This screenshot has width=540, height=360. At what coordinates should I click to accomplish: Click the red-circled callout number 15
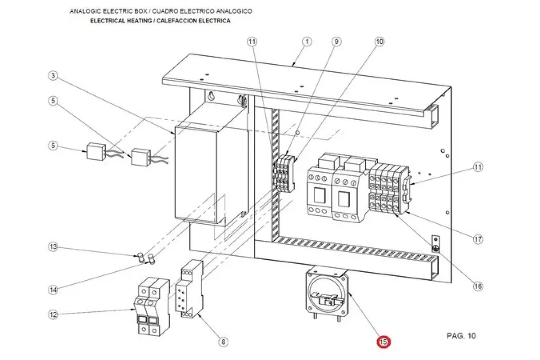coord(384,342)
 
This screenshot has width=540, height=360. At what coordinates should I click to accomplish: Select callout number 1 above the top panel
coord(306,42)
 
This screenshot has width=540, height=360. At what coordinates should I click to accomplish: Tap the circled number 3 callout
coord(54,76)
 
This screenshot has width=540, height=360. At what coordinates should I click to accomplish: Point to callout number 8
coord(223,342)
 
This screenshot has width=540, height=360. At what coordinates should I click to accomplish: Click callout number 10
coord(379,42)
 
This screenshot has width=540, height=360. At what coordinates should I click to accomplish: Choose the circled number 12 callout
coord(54,315)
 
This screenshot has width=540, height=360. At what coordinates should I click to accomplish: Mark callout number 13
coord(54,247)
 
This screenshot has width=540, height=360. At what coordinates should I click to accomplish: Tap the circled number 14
coord(54,290)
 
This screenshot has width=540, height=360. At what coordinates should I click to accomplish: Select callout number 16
coord(477,286)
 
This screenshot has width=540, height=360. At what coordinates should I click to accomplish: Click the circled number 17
coord(477,239)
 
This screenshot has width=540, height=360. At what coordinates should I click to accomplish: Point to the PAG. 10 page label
coord(461,336)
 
